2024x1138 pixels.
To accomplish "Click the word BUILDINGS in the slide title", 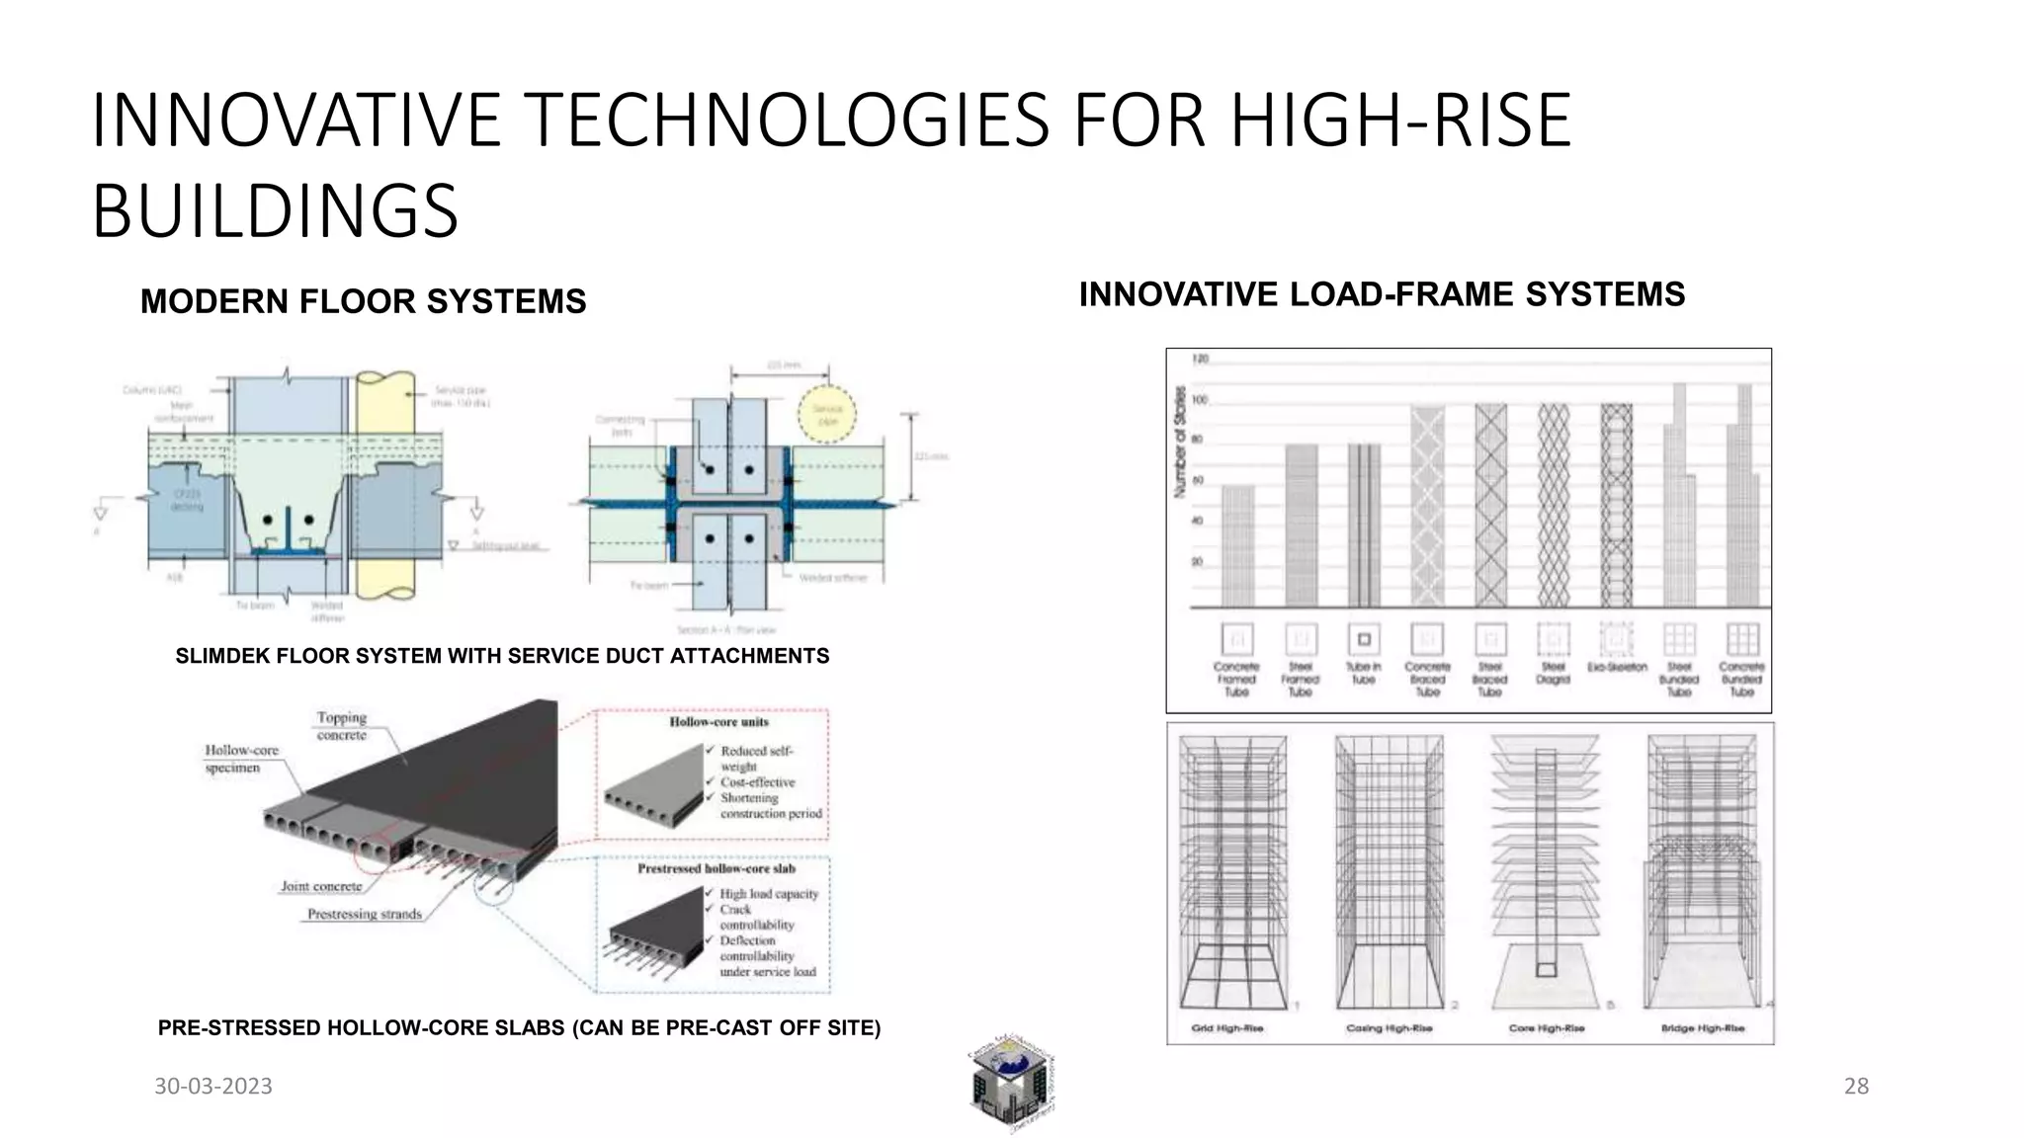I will pos(275,210).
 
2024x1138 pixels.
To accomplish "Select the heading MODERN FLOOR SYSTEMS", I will pos(363,301).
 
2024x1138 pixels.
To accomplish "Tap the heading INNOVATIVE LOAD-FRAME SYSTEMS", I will pos(1382,294).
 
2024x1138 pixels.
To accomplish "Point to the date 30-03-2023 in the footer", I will pos(213,1087).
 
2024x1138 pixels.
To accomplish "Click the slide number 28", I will pos(1856,1087).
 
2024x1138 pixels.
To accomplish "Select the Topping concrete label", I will pos(342,726).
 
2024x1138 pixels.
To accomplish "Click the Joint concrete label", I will pos(321,886).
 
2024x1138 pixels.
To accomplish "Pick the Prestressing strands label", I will pos(364,914).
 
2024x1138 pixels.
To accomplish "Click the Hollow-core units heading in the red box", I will pos(718,722).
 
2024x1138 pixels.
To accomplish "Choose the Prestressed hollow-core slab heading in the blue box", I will pos(716,869).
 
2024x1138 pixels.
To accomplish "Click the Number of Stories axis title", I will pos(1179,441).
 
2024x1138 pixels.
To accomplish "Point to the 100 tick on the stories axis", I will pos(1199,400).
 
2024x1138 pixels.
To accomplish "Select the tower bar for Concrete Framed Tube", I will pos(1237,545).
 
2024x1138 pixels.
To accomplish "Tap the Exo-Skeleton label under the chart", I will pos(1617,668).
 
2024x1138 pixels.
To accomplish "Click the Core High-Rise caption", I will pos(1547,1028).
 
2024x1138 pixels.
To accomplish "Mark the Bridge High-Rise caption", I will pos(1703,1028).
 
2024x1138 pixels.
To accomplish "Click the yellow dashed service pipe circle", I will pos(827,414).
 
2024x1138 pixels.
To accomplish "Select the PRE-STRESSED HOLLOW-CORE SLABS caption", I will pos(519,1028).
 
